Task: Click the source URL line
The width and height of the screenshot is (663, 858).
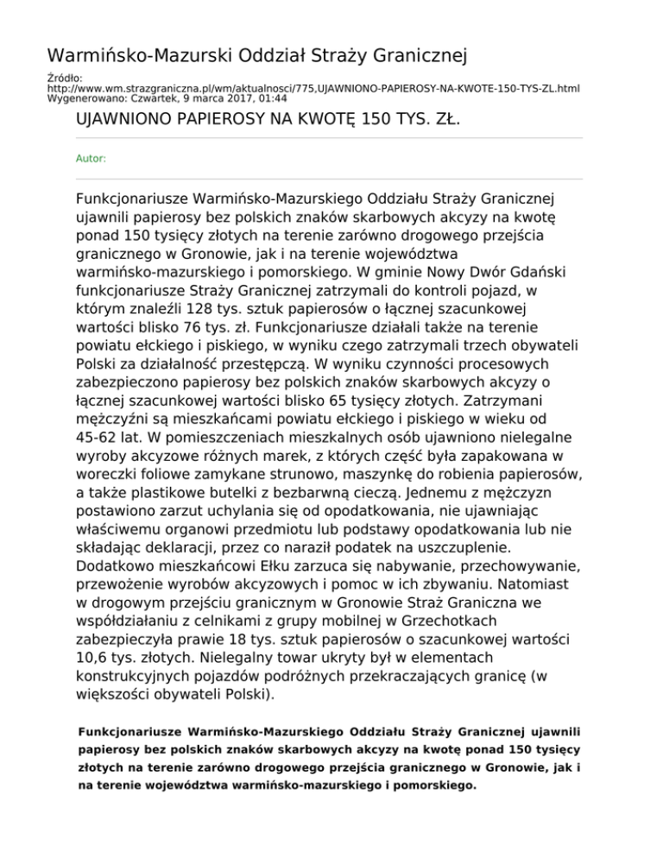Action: click(313, 88)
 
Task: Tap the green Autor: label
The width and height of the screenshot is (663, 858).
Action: click(92, 159)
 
